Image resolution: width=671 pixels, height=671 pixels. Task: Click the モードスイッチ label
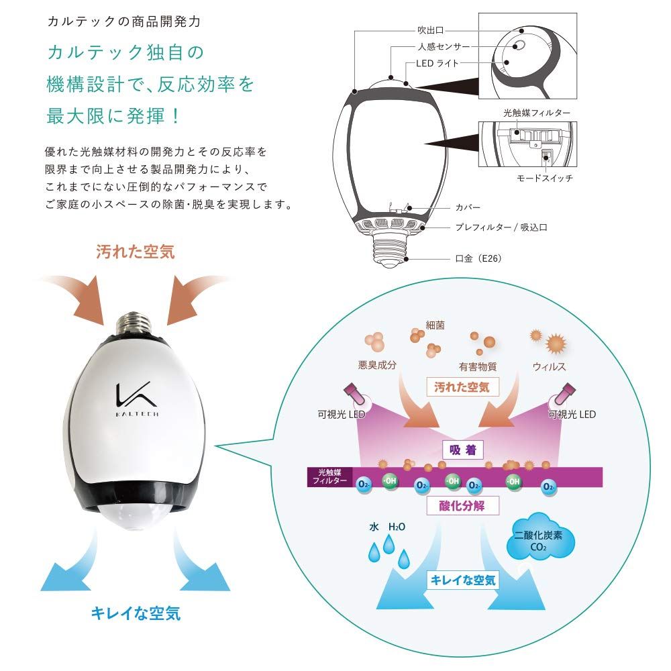click(544, 178)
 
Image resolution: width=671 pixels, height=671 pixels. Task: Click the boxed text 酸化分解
click(464, 505)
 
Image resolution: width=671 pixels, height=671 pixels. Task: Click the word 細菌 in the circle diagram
click(435, 325)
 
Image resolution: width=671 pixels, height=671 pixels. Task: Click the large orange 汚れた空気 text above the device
click(135, 252)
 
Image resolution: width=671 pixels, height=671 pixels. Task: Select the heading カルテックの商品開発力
click(114, 21)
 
